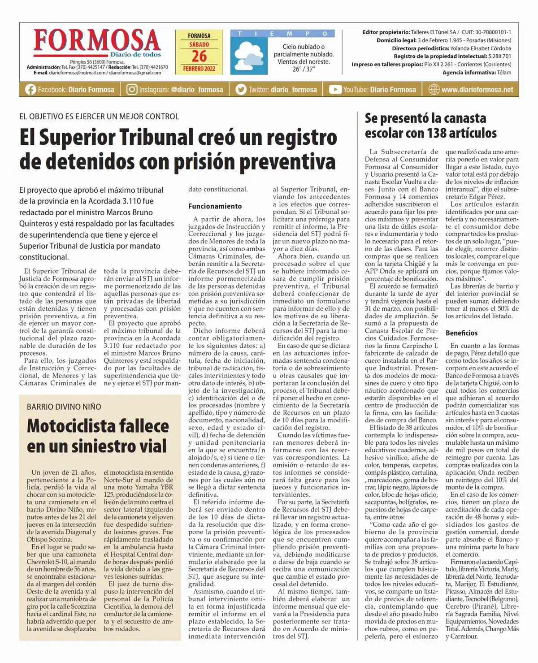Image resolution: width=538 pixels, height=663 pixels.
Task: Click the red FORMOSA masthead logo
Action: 97,41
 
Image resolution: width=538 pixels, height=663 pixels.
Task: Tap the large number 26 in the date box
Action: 199,56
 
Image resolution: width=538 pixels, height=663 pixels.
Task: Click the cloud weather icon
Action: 248,55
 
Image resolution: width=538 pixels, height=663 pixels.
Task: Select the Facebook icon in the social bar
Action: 30,90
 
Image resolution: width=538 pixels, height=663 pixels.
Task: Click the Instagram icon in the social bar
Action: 132,90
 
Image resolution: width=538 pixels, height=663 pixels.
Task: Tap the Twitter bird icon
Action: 241,90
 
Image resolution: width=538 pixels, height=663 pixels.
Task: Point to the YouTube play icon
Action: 335,90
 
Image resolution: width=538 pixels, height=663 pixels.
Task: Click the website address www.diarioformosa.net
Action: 477,90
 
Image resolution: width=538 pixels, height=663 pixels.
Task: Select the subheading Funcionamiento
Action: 215,206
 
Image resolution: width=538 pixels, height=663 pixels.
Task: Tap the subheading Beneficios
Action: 461,333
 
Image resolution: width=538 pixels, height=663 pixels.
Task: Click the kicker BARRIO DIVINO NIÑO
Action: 64,407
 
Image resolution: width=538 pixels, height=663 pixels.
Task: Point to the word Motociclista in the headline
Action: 98,426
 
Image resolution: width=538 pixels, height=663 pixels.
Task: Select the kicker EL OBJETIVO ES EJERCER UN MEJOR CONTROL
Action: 99,117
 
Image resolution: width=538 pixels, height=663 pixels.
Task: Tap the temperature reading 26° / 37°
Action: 304,69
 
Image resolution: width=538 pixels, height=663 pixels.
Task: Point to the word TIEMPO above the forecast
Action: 282,34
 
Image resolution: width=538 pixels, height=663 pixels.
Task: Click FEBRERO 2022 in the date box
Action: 199,69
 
